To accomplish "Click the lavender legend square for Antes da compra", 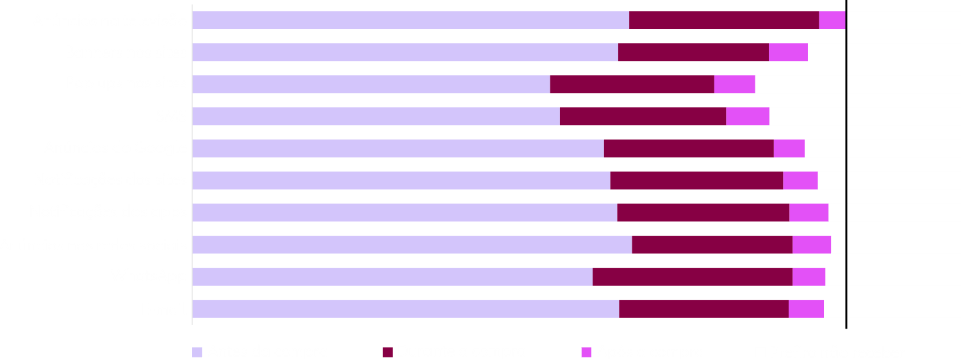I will pos(197,352).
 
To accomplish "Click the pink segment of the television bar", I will pos(832,20).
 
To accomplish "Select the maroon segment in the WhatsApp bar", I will pos(693,277).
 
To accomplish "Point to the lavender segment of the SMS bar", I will pos(376,117).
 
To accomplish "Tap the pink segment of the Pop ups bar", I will pos(734,85).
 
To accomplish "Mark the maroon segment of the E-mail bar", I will pos(703,309).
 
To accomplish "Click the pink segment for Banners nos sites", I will pos(788,53).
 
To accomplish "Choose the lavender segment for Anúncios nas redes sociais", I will pos(412,245).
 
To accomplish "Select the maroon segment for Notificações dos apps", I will pos(703,213).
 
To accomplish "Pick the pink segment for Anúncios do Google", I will pos(789,149).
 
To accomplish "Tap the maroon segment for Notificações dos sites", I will pos(696,181).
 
